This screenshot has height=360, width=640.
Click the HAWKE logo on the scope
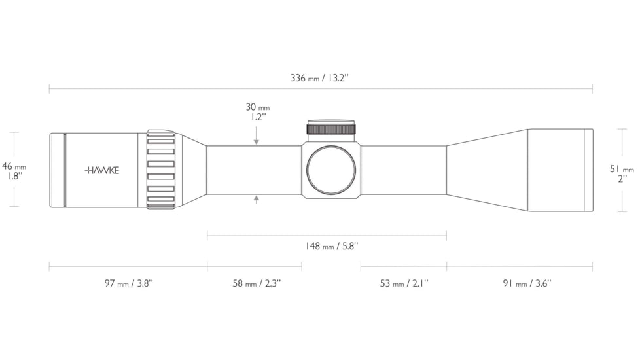click(102, 170)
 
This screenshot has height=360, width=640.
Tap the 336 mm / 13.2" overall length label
click(319, 78)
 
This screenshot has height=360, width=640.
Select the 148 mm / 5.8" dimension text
click(332, 246)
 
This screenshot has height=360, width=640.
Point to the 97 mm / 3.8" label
click(128, 283)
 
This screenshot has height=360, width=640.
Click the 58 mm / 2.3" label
click(257, 283)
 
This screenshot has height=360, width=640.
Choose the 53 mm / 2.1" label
click(404, 283)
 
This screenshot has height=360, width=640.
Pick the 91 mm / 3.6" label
click(527, 283)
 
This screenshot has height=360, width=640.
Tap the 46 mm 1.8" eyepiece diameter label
click(14, 171)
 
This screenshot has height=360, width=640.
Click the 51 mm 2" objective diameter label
click(622, 173)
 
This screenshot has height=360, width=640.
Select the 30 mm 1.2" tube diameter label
click(258, 112)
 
